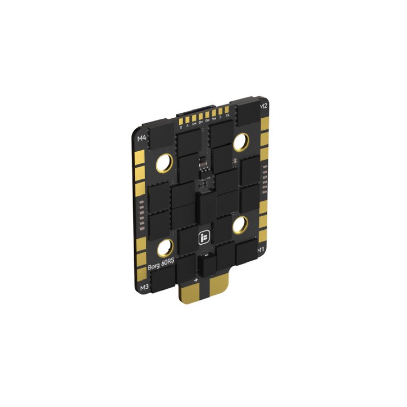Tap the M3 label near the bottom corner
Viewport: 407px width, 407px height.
point(145,287)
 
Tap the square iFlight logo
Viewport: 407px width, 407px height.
point(202,238)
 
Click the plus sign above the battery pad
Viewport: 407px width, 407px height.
point(196,280)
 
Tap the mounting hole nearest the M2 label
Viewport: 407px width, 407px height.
point(240,142)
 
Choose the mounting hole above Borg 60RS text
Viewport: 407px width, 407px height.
point(165,249)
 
